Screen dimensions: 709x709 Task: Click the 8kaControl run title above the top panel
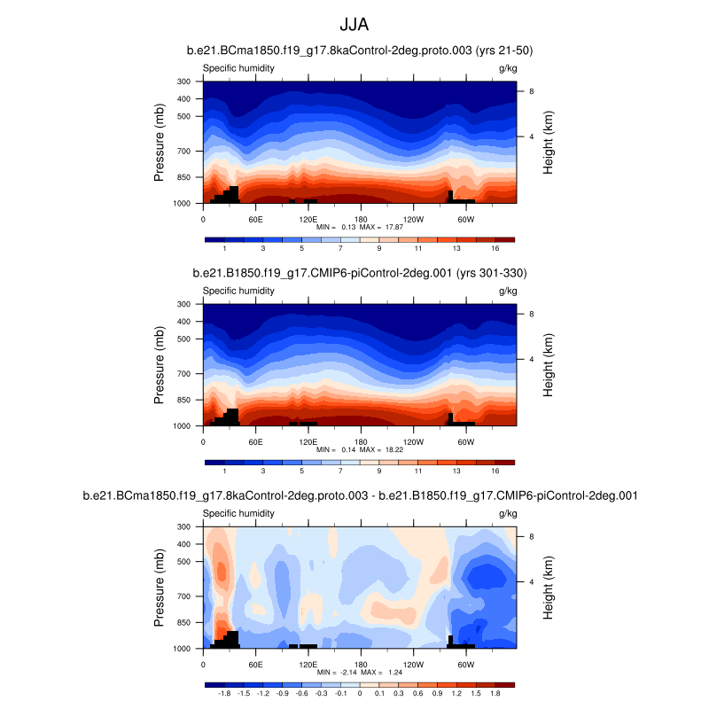pos(359,51)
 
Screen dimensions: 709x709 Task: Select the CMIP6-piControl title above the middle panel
pos(359,273)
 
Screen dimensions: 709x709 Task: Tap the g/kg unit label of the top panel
pos(507,68)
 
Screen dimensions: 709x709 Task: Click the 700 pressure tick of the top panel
pos(184,152)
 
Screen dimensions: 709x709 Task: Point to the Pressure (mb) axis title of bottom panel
pos(160,586)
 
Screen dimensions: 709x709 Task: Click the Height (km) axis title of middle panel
pos(549,363)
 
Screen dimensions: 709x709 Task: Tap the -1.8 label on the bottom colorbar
pos(223,696)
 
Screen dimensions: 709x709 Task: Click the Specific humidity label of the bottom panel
pos(238,513)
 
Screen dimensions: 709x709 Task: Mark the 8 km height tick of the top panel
pos(531,91)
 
